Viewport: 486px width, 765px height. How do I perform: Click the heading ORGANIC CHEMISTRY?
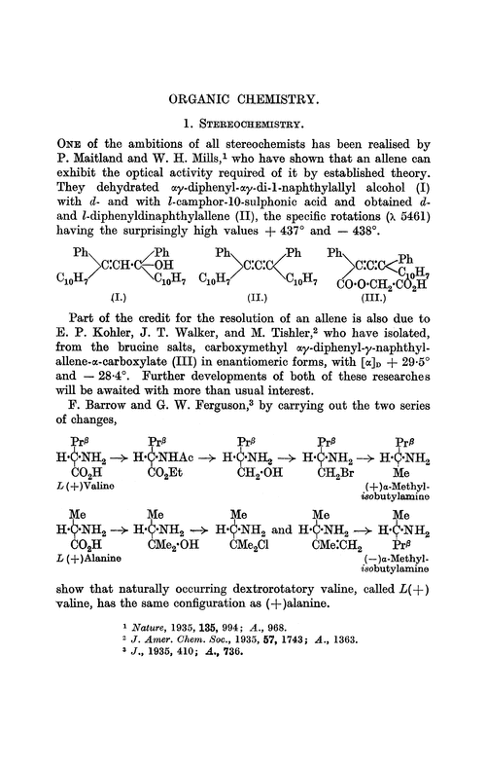coord(243,98)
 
